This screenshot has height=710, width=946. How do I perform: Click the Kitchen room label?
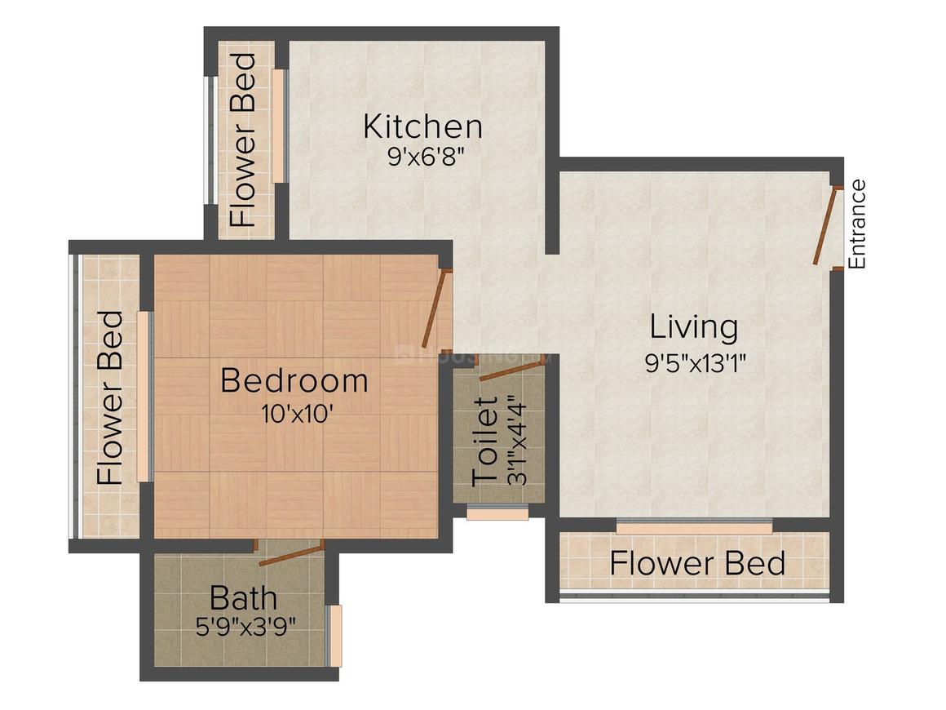click(x=422, y=126)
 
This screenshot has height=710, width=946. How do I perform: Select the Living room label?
click(x=694, y=327)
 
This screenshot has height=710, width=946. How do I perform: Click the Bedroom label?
click(x=294, y=381)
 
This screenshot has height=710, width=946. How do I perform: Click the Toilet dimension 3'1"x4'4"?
click(x=515, y=441)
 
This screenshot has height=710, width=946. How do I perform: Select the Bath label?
click(x=243, y=598)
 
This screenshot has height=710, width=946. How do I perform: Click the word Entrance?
click(x=856, y=224)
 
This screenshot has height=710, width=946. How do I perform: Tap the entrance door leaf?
click(x=825, y=225)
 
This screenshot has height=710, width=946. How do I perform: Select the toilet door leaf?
click(x=511, y=371)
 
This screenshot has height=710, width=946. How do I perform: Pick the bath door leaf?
click(x=290, y=552)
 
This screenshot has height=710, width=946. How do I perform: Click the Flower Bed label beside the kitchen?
click(x=243, y=140)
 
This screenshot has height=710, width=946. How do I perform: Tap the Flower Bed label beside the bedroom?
click(x=110, y=397)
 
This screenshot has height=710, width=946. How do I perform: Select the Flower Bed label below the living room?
click(x=697, y=563)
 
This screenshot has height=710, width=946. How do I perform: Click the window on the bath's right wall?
click(x=334, y=635)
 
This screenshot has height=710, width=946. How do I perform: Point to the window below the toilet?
click(x=497, y=513)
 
